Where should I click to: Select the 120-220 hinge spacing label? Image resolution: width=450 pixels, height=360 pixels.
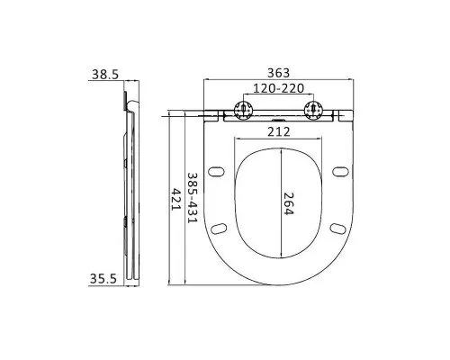click(278, 91)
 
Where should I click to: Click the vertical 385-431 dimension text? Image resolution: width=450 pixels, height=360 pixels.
click(191, 198)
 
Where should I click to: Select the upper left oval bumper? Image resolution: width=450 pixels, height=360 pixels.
click(216, 170)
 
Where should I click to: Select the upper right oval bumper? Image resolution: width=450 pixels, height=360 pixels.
click(339, 170)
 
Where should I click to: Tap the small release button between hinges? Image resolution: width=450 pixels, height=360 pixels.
click(278, 115)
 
